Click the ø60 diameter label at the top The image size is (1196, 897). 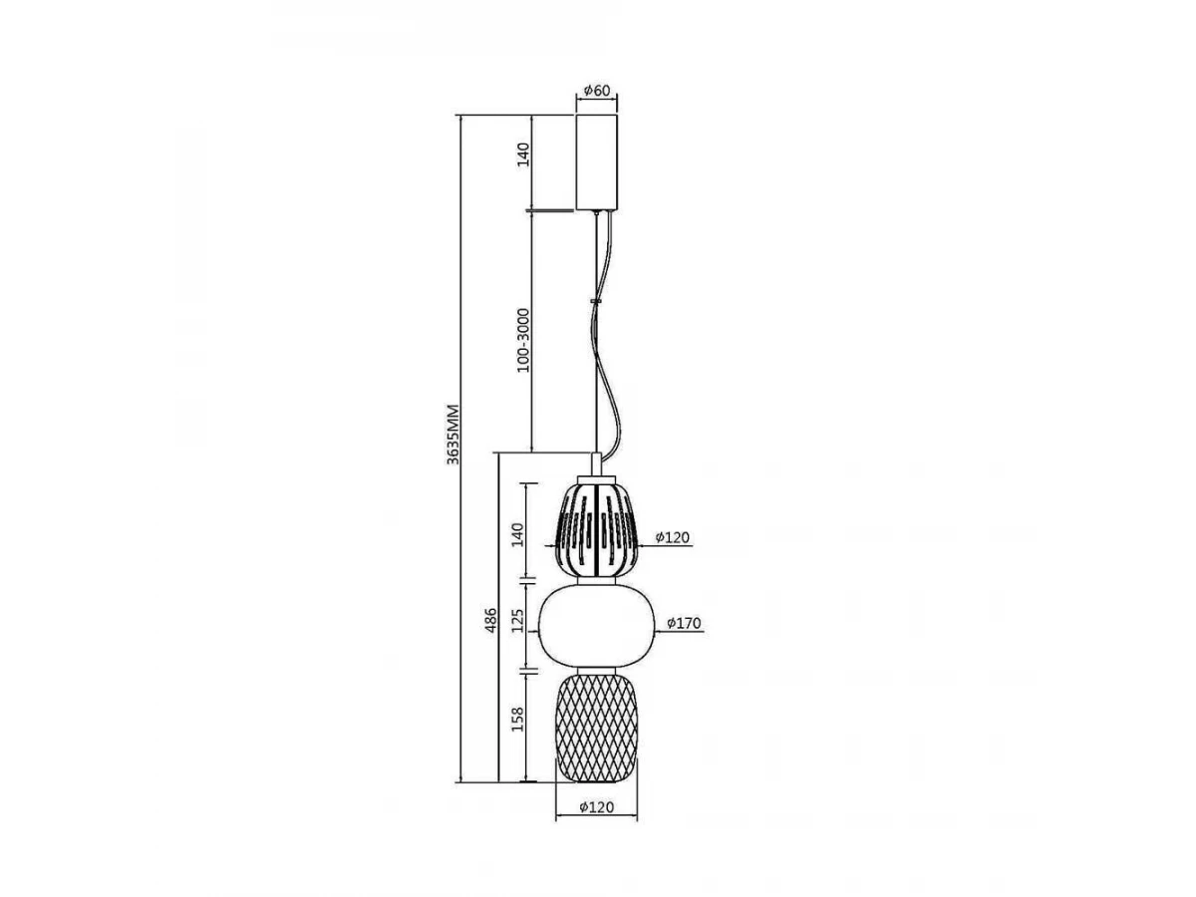coord(597,91)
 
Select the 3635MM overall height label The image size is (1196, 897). coord(452,435)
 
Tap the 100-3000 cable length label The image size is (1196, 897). coord(523,340)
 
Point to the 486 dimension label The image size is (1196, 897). coord(491,620)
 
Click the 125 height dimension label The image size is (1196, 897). coord(517,620)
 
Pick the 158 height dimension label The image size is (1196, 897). coord(517,719)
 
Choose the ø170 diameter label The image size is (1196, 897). coord(684,623)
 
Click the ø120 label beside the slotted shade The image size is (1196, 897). coord(673,537)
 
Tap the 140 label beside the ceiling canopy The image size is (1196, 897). coord(523,154)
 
